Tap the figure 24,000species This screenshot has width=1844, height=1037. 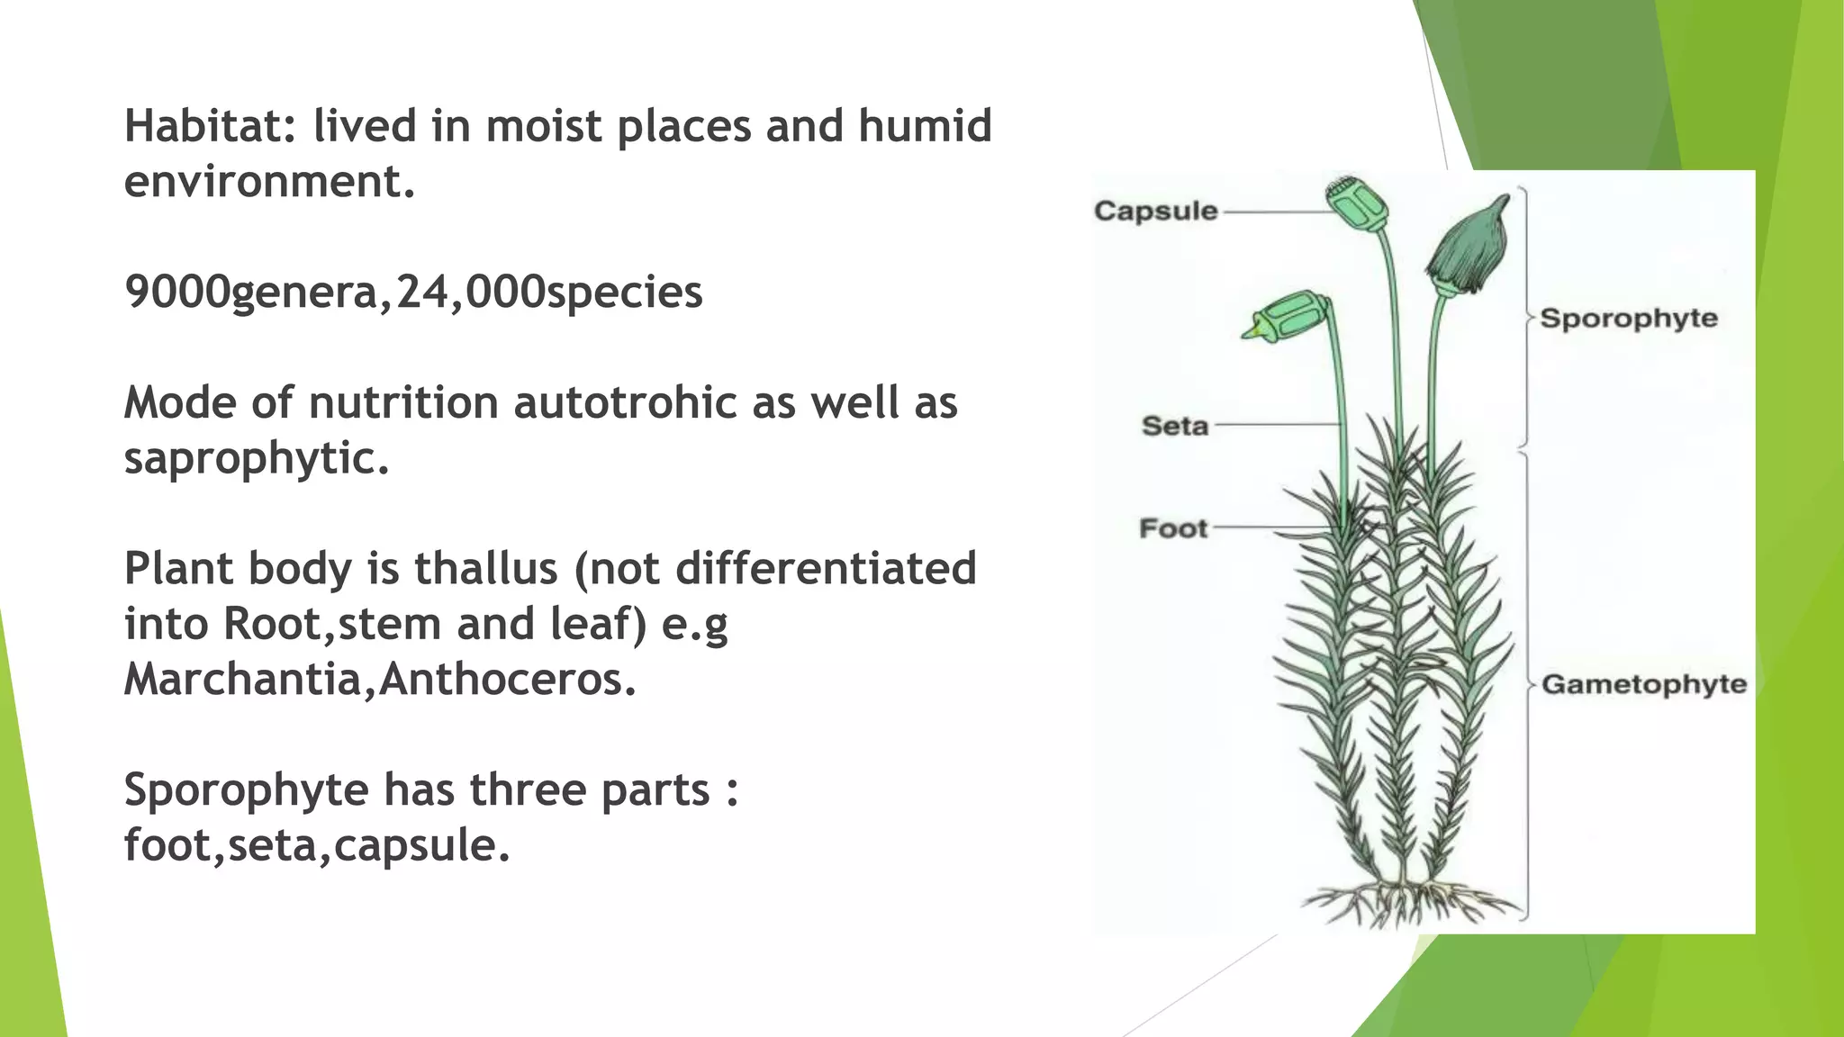point(549,293)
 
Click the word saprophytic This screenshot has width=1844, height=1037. point(256,458)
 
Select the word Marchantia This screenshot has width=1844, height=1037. point(242,680)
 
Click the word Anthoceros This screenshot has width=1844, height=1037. point(506,680)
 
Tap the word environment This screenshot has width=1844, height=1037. point(268,182)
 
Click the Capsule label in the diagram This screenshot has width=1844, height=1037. point(1155,212)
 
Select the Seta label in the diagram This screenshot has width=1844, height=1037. point(1174,426)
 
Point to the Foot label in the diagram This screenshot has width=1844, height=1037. point(1172,528)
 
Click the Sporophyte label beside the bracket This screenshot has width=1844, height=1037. point(1628,319)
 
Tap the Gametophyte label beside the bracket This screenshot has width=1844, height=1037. point(1643,685)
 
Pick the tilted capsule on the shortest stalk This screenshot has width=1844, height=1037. point(1288,316)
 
